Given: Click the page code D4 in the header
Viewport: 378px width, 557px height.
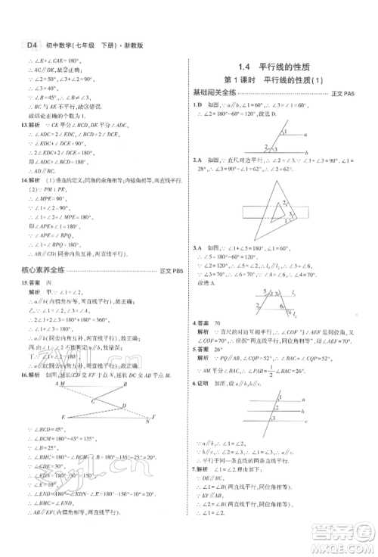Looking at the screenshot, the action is click(31, 45).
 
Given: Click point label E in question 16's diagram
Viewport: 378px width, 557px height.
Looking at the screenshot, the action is click(62, 416).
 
